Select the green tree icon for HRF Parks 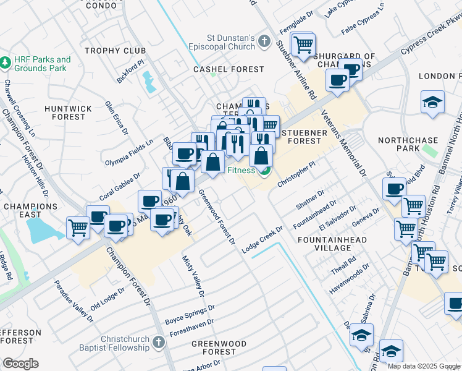[6, 63]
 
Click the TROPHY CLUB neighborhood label [115, 51]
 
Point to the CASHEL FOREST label [229, 70]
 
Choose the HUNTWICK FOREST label [68, 113]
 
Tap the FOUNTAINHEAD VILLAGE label [332, 244]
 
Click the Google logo [20, 364]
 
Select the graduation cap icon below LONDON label [433, 103]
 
